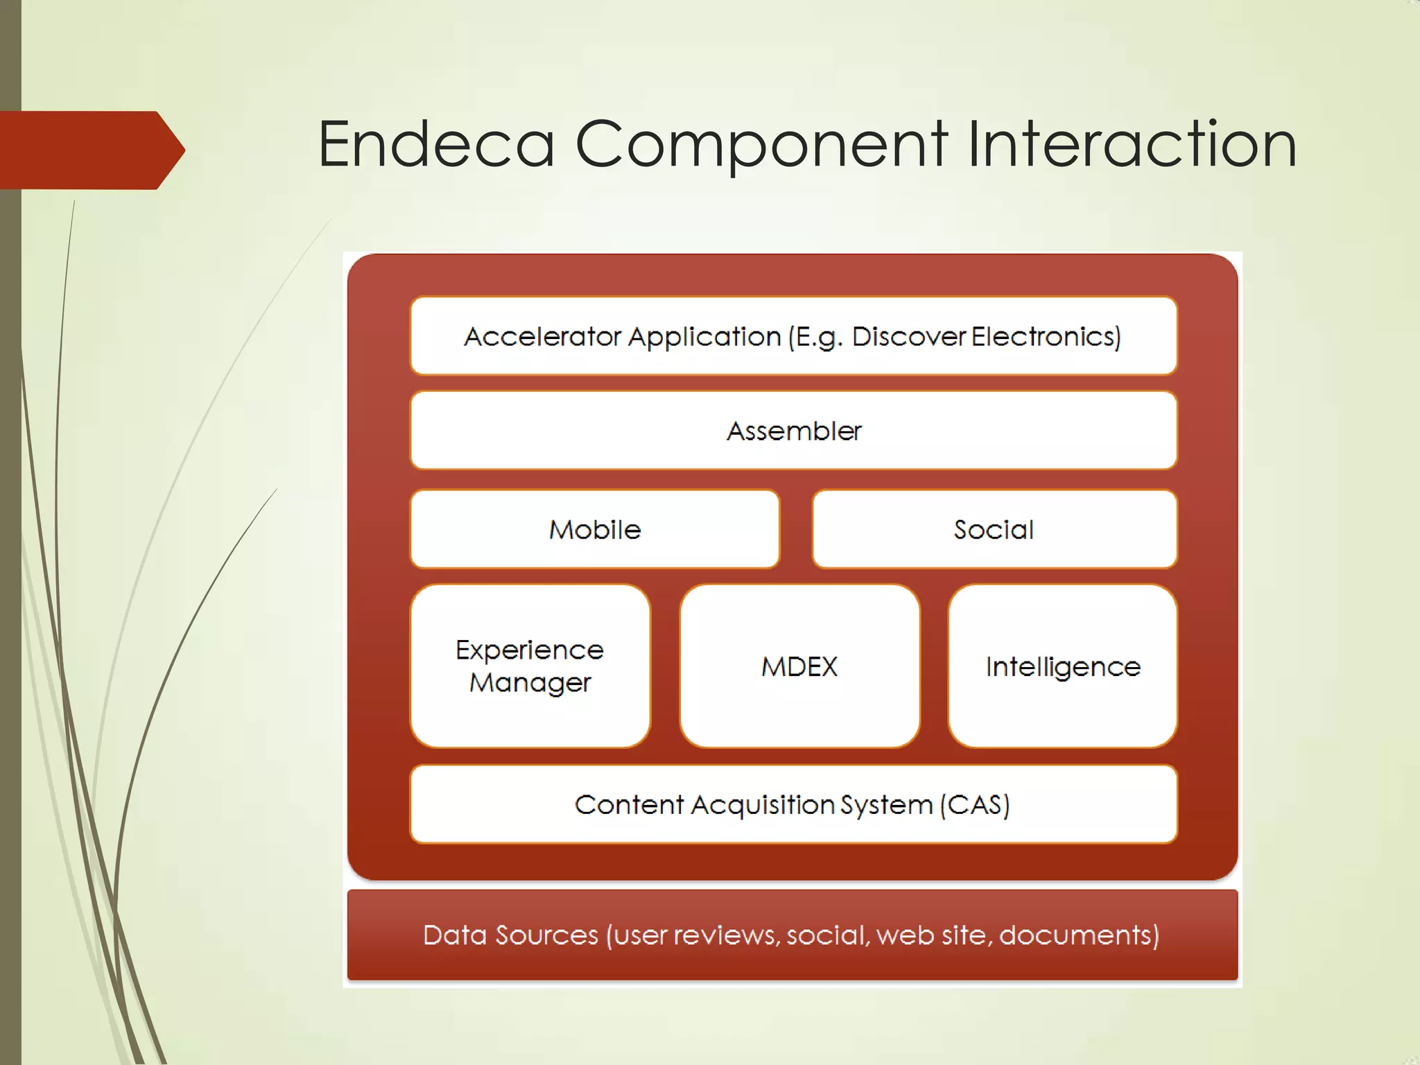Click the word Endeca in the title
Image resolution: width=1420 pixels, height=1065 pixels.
[x=436, y=144]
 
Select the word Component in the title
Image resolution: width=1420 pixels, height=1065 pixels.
[x=761, y=144]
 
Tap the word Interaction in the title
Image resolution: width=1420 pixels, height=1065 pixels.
[x=1132, y=144]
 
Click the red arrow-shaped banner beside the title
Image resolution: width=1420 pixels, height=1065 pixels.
[x=90, y=150]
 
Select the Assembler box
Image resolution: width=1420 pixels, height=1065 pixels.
[x=794, y=431]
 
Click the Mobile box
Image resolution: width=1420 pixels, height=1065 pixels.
[x=595, y=530]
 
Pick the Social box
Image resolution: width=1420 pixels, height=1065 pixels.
[x=994, y=530]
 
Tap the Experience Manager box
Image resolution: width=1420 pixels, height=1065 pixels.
[x=530, y=666]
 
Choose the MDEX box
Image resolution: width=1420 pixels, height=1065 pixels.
[x=799, y=666]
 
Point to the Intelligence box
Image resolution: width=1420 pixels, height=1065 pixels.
[x=1062, y=666]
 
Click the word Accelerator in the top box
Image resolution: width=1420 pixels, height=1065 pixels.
[x=543, y=336]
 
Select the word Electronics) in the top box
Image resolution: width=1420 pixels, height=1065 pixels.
[x=1046, y=336]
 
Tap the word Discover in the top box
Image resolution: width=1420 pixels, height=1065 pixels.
[x=908, y=336]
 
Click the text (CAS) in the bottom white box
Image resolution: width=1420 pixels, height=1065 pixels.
[x=975, y=804]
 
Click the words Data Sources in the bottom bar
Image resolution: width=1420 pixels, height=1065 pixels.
[x=510, y=935]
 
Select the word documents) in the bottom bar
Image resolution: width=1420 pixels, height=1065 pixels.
[x=1079, y=935]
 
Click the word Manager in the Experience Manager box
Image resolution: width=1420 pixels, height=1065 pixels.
[x=530, y=683]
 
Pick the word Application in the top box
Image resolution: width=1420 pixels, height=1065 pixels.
[x=705, y=336]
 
